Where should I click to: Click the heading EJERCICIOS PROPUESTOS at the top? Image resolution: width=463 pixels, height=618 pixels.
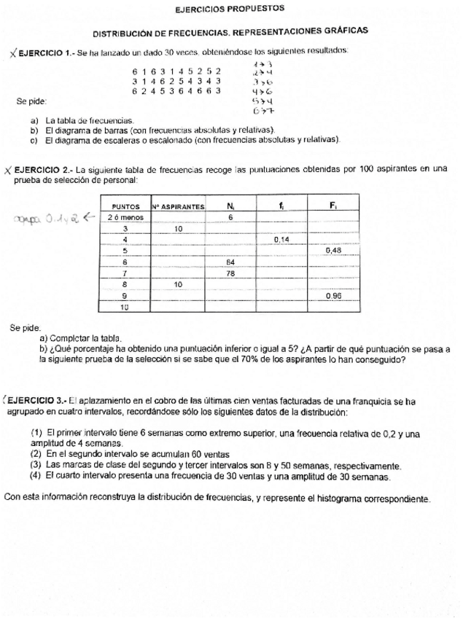tap(230, 9)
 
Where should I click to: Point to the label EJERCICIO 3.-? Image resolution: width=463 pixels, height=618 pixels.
tap(37, 401)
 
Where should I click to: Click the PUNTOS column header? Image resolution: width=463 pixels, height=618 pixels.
tap(125, 207)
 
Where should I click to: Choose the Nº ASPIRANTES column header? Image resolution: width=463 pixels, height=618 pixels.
tap(179, 207)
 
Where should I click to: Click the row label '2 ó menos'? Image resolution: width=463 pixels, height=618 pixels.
tap(125, 217)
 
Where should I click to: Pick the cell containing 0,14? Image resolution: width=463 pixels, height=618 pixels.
tap(281, 239)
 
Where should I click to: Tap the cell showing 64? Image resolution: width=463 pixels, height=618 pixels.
tap(230, 262)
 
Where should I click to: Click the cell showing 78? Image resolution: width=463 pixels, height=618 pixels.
tap(230, 273)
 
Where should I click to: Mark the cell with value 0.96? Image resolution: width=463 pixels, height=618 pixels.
tap(333, 296)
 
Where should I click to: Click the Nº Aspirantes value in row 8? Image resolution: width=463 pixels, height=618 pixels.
tap(179, 284)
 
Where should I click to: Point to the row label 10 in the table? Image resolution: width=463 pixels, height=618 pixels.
tap(125, 307)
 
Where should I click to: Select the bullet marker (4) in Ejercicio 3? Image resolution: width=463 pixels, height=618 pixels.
tap(35, 476)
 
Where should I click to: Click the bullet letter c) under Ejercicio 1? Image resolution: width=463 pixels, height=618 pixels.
tap(34, 138)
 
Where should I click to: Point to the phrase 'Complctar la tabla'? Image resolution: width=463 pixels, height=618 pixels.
tap(85, 339)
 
